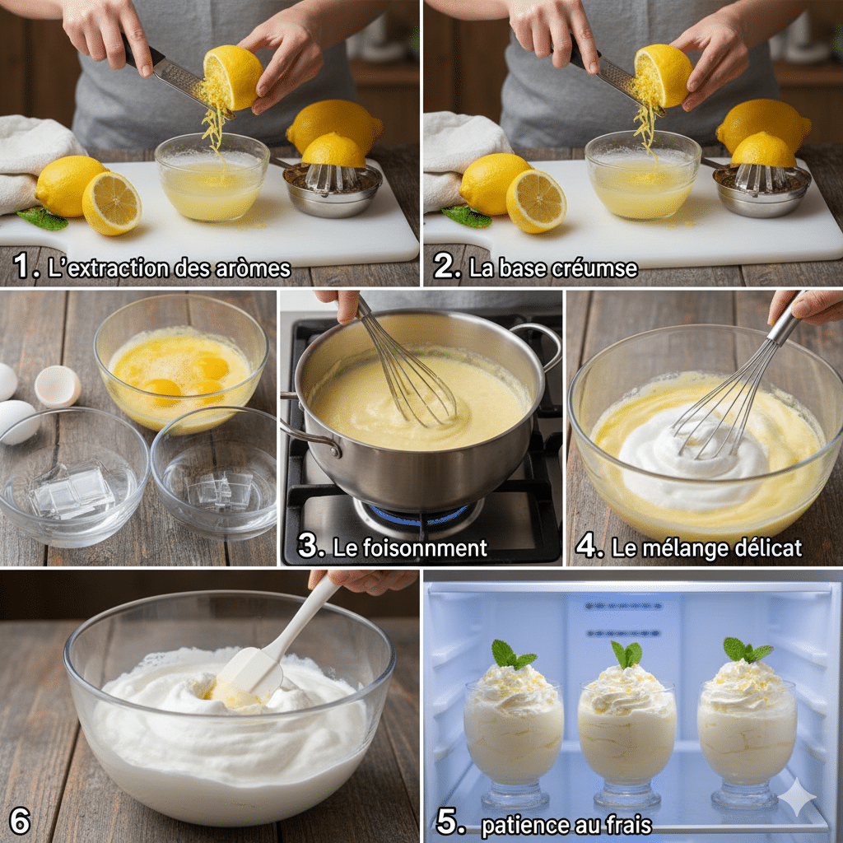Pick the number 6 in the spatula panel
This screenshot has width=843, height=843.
coord(20,821)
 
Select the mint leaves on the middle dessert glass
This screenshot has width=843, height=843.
coord(626,655)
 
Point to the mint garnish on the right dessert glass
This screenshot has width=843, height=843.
coord(745,650)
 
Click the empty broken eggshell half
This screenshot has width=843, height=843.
coord(58,385)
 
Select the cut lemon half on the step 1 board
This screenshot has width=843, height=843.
coord(112,203)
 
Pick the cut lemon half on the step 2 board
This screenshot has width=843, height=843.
coord(536,201)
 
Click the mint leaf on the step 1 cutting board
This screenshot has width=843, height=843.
coord(41,219)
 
